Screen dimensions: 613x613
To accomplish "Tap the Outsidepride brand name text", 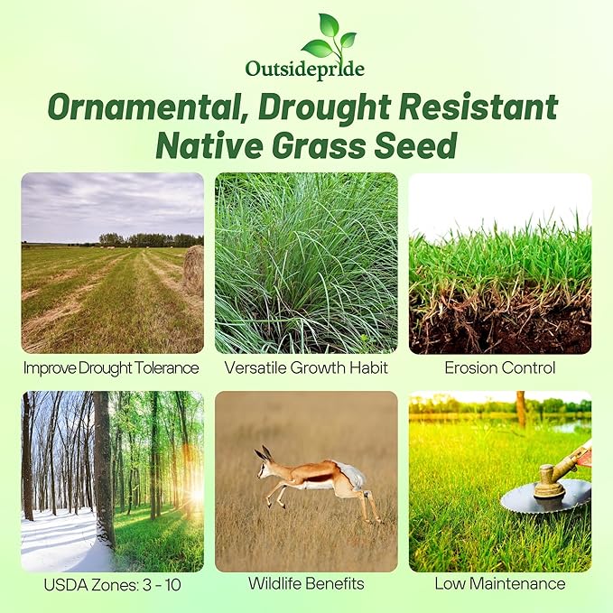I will [305, 69].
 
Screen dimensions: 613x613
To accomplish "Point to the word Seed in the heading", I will [416, 144].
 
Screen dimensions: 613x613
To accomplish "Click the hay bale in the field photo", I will [193, 270].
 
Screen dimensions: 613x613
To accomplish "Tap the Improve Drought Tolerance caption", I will [111, 367].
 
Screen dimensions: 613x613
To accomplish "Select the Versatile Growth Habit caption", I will [306, 367].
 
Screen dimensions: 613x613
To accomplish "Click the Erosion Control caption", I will [499, 367].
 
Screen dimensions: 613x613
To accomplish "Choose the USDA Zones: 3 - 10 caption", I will [112, 584].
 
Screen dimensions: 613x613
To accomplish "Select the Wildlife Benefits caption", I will [306, 584].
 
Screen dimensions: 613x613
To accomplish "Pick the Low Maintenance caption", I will [499, 584].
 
